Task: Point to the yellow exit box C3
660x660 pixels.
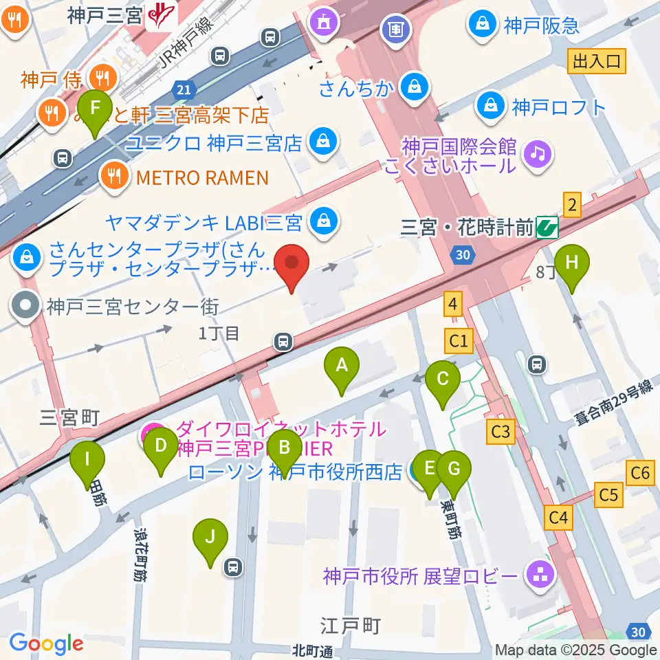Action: pyautogui.click(x=500, y=432)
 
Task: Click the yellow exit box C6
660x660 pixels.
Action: pyautogui.click(x=640, y=472)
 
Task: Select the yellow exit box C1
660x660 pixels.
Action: pyautogui.click(x=459, y=340)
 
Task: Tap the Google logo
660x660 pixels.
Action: pyautogui.click(x=46, y=643)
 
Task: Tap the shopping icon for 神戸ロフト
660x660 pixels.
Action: pyautogui.click(x=493, y=107)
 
